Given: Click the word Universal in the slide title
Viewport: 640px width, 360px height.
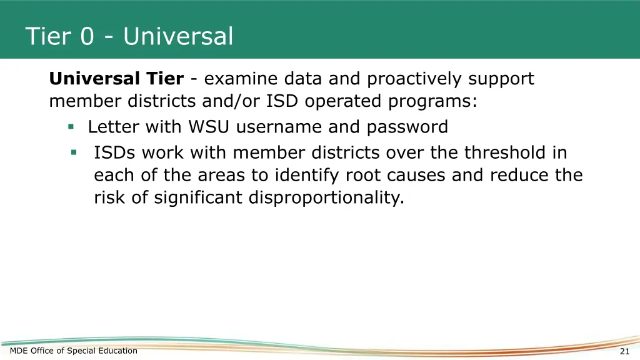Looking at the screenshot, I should tap(178, 36).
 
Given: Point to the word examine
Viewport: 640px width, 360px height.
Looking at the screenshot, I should tap(240, 79).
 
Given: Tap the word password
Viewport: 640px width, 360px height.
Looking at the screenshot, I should tap(407, 127).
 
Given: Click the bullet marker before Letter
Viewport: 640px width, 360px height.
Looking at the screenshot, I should tap(71, 127).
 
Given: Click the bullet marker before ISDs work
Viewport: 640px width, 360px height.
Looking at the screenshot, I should tap(74, 152).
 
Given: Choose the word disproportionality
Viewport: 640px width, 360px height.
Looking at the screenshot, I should tap(326, 197).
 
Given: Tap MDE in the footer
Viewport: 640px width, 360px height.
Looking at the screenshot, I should tap(19, 351).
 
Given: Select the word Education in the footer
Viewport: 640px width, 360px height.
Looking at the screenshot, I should tap(117, 351).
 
